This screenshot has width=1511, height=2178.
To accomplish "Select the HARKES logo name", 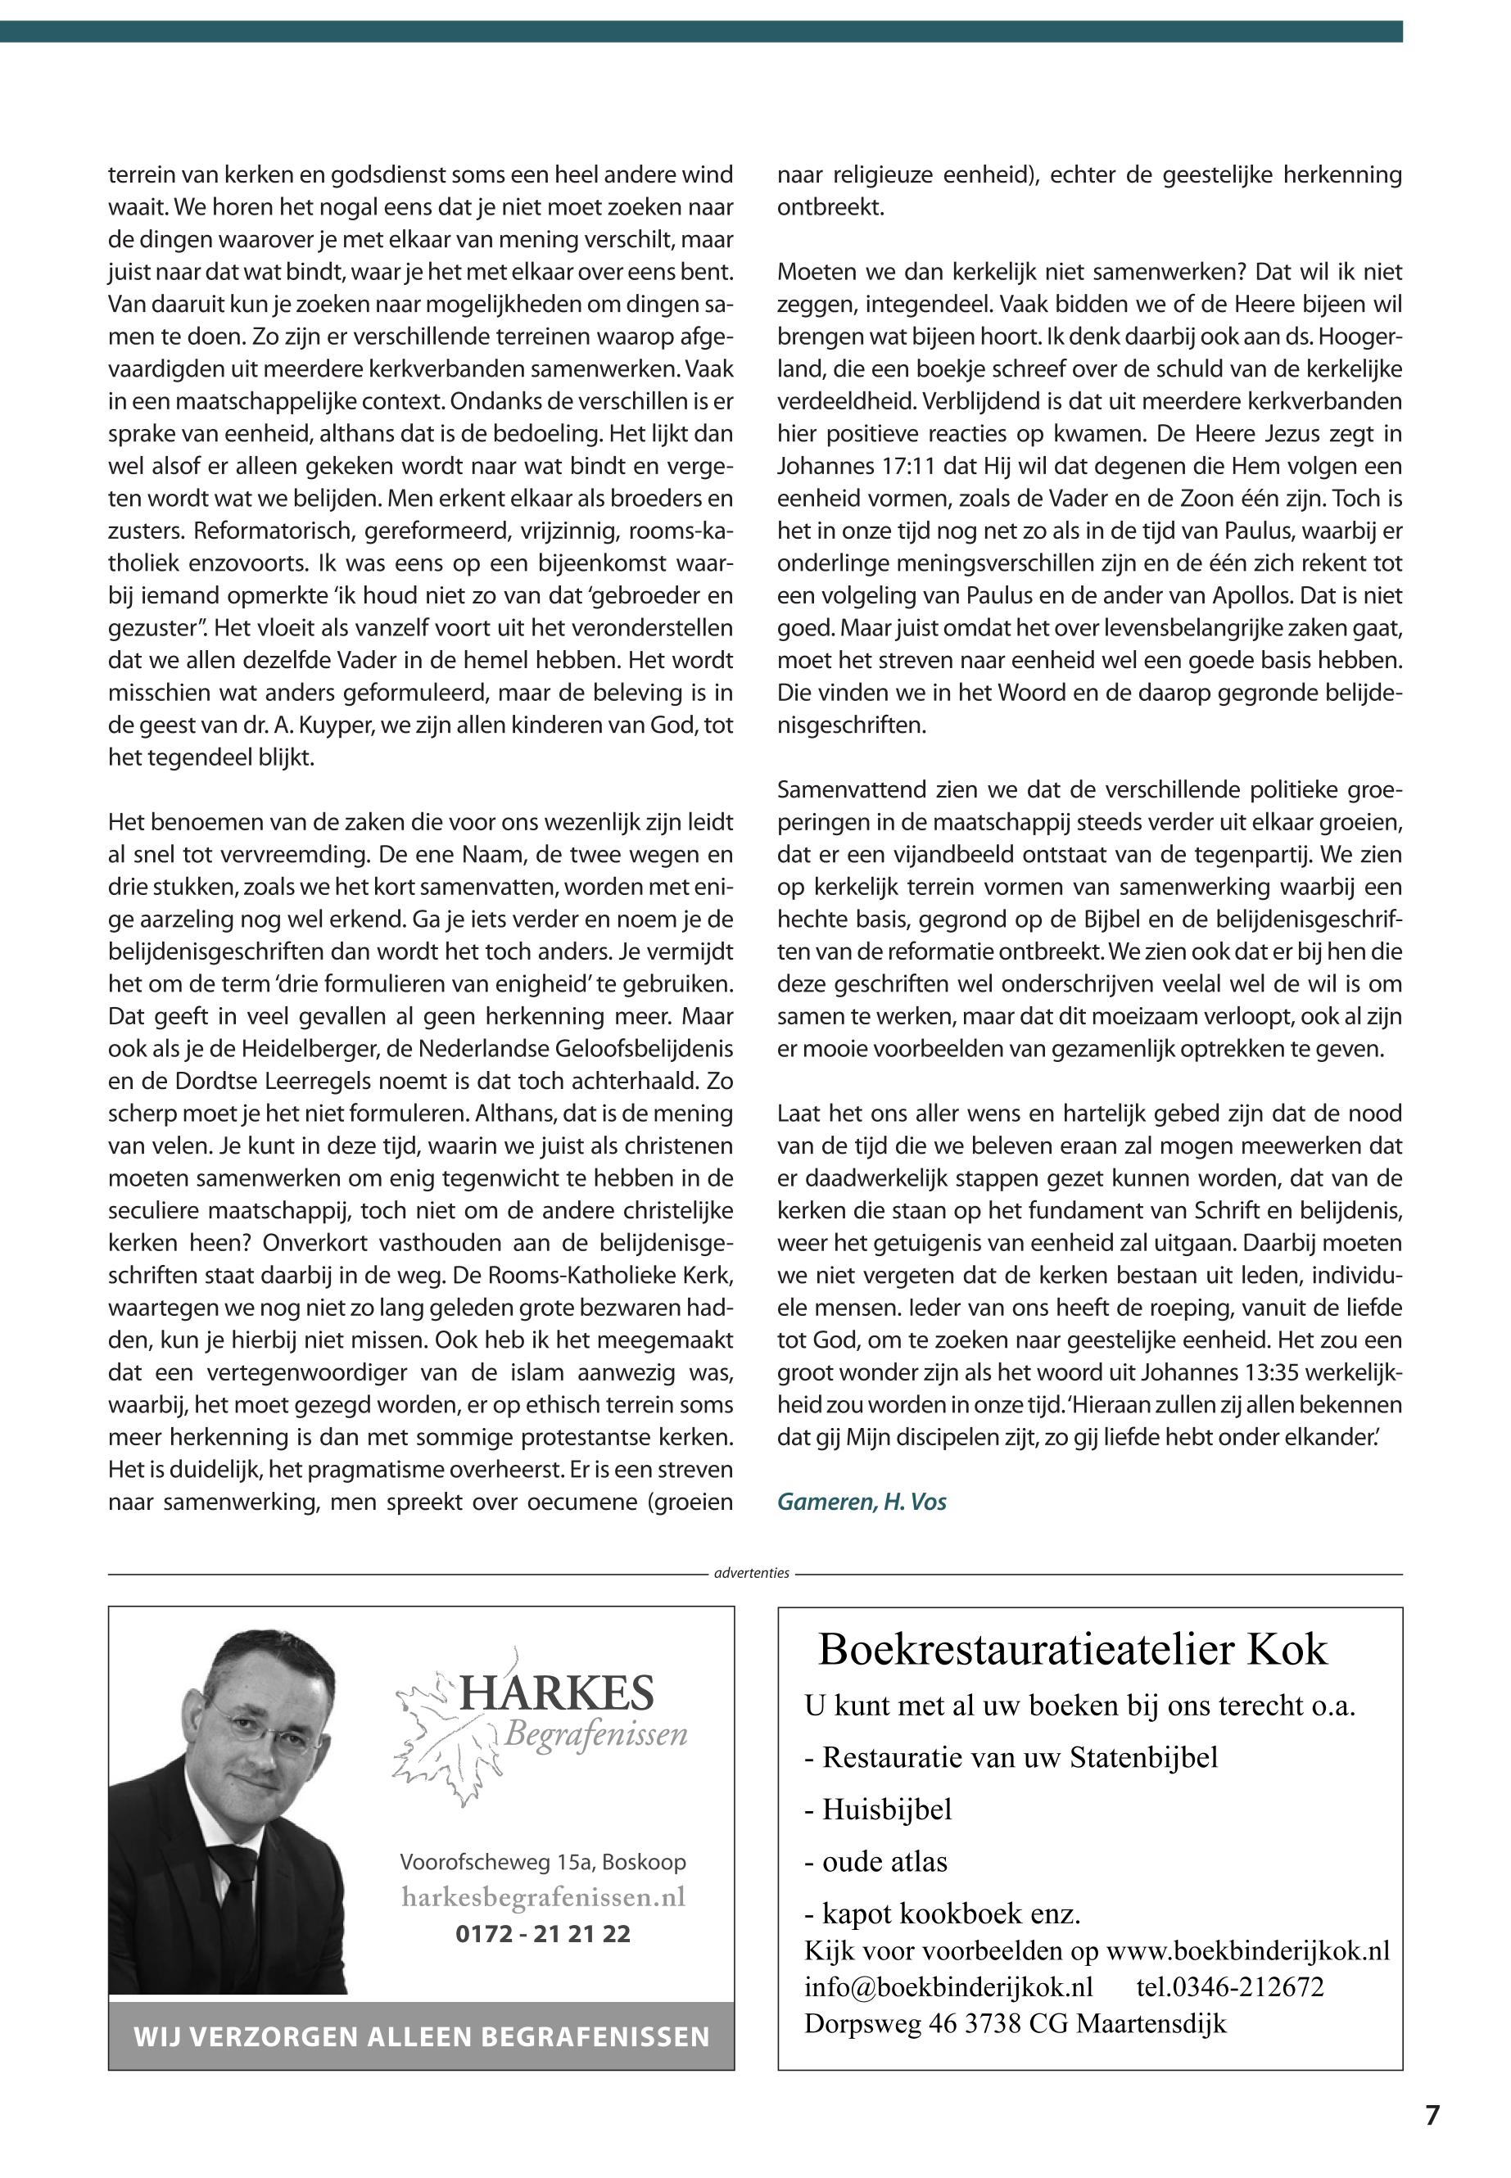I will [x=556, y=1693].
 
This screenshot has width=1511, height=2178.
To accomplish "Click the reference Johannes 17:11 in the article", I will [x=851, y=467].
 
